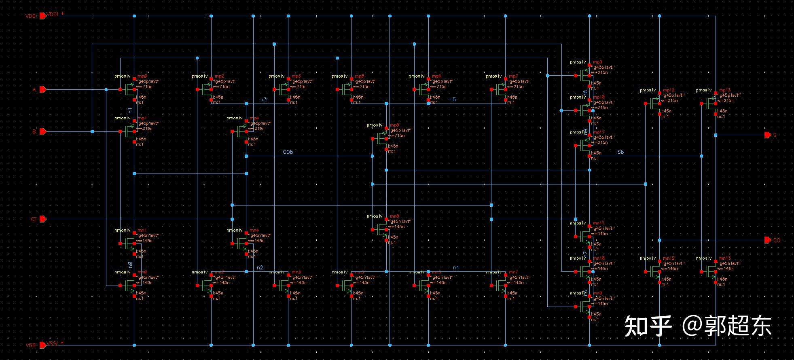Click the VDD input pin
click(x=43, y=16)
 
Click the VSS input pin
click(x=43, y=345)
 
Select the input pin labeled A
click(x=43, y=89)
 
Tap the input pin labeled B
click(x=43, y=131)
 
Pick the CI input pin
click(x=43, y=219)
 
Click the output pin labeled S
click(x=767, y=135)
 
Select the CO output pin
click(x=767, y=240)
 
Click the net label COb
click(x=288, y=152)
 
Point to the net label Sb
click(x=620, y=152)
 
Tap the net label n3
click(x=263, y=100)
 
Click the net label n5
click(x=452, y=100)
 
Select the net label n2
click(x=260, y=268)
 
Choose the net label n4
click(x=456, y=268)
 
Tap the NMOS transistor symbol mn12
click(x=655, y=272)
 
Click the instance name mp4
click(x=254, y=119)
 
